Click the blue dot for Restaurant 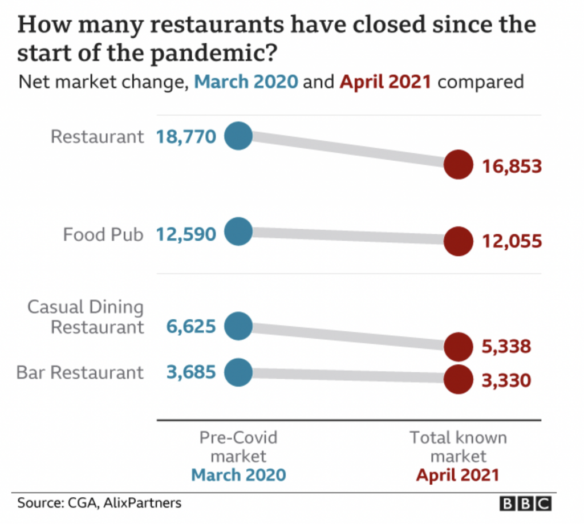(238, 136)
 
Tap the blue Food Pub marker (238, 232)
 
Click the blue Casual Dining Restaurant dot (238, 326)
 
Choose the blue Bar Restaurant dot (238, 372)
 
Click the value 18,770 (186, 137)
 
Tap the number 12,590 (186, 234)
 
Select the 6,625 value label (191, 327)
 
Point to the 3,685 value (191, 373)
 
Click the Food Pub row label (103, 234)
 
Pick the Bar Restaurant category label (80, 373)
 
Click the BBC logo (525, 503)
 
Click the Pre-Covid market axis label (238, 446)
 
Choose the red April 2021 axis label (457, 474)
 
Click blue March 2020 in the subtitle (246, 82)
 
